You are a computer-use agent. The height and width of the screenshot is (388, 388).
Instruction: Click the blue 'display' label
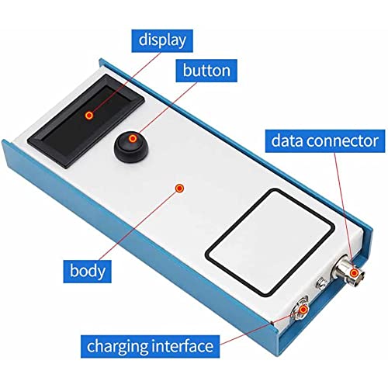coord(162,41)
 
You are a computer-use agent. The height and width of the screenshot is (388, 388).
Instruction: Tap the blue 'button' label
coord(206,71)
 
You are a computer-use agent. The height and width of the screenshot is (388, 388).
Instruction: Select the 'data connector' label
coord(325,141)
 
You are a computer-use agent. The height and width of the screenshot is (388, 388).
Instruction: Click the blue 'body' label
coord(88,272)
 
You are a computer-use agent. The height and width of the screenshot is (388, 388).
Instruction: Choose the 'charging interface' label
coord(151,347)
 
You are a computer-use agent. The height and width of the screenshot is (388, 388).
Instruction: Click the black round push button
coord(130,147)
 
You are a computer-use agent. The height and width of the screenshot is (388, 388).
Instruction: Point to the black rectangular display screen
coord(85,121)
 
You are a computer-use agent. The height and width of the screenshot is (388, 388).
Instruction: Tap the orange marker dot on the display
coord(89,116)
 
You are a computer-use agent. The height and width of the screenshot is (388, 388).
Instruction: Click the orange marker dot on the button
coord(133,139)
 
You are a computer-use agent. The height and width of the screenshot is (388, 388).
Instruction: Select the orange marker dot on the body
coord(179,188)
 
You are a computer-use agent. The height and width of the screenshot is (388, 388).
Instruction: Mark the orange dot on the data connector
coord(354,272)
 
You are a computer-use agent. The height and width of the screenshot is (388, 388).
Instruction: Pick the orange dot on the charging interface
coord(303,309)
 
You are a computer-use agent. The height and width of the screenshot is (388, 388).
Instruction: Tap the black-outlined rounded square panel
coord(270,242)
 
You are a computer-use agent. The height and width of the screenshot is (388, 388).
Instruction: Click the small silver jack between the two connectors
coord(321,282)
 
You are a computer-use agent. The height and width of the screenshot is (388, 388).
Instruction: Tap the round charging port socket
coord(300,309)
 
